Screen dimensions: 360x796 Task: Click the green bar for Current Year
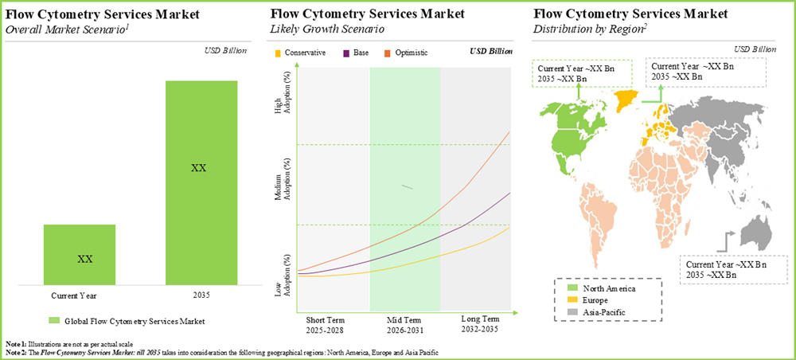[x=80, y=254]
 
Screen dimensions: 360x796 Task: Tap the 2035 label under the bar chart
[x=201, y=295]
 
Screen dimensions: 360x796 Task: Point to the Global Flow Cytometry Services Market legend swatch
[x=53, y=321]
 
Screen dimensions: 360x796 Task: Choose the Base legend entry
[x=356, y=53]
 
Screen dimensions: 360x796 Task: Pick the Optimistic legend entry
[x=406, y=53]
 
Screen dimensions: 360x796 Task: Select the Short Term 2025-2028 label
[x=326, y=323]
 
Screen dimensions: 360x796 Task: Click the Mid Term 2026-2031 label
[x=405, y=323]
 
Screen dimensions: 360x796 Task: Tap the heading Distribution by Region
[x=588, y=29]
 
